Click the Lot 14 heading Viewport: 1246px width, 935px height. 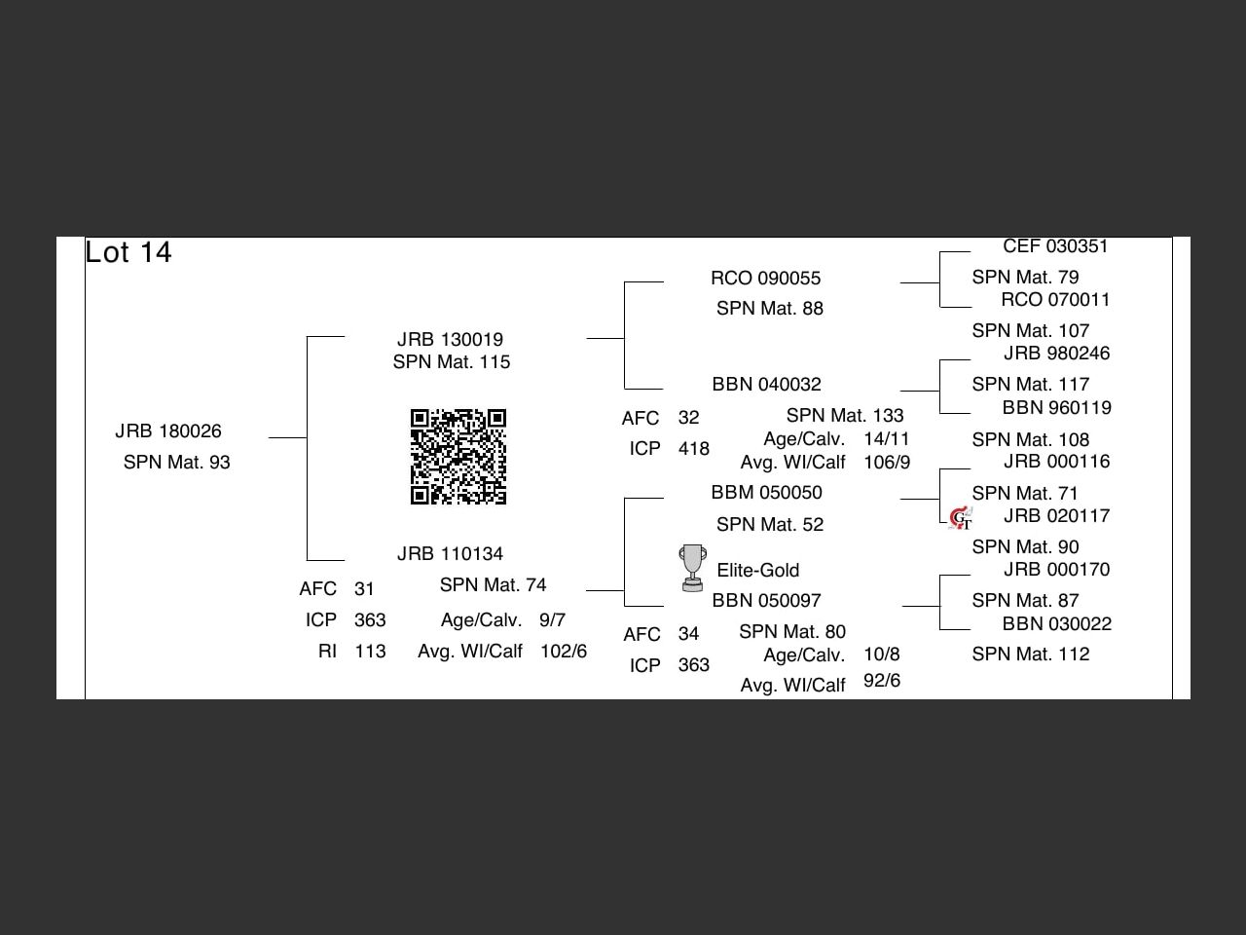coord(128,252)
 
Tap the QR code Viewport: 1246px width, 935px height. coord(458,457)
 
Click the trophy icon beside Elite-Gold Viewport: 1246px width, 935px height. coord(692,568)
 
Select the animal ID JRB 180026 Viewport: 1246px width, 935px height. coord(168,431)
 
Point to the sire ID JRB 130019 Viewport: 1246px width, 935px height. coord(450,340)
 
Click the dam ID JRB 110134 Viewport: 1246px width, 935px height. coord(450,554)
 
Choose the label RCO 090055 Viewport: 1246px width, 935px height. coord(766,279)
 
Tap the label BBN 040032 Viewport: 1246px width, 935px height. coord(766,385)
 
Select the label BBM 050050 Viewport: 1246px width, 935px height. coord(766,493)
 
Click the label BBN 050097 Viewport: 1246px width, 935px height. coord(766,601)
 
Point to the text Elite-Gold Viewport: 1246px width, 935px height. coord(757,571)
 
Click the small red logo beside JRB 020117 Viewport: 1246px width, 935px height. coord(960,518)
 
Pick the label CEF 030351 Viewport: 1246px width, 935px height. coord(1055,247)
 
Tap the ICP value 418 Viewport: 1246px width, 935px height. coord(694,449)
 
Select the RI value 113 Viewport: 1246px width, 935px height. coord(370,652)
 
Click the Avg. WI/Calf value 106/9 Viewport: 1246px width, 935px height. coord(887,463)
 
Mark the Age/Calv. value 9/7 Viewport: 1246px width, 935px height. coord(552,620)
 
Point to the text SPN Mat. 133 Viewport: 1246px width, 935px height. coord(845,416)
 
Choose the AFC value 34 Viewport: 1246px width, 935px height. coord(688,634)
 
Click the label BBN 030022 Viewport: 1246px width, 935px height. coord(1057,624)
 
